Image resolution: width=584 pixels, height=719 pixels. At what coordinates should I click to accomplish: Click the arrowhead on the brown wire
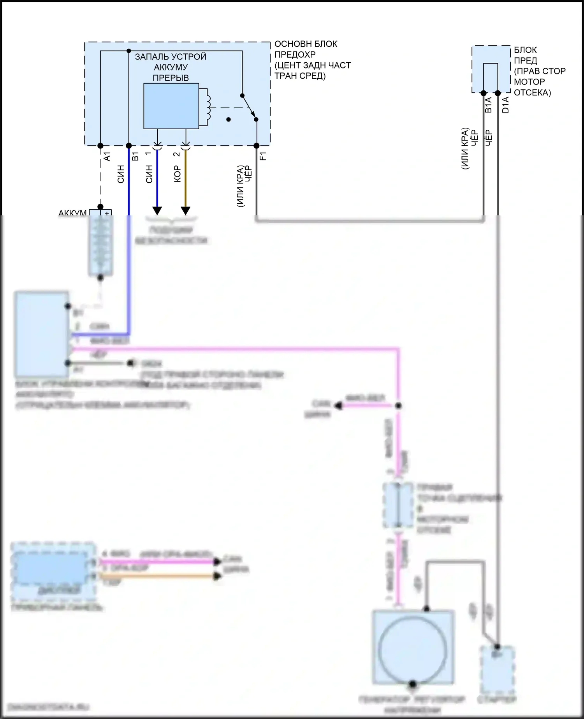186,211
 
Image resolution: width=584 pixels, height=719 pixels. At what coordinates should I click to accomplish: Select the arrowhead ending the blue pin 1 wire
157,211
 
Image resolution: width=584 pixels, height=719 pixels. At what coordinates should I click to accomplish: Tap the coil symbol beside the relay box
208,107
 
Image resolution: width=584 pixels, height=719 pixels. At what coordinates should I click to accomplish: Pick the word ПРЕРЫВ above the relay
171,78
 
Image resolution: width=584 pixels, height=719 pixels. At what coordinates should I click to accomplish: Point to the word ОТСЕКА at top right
532,93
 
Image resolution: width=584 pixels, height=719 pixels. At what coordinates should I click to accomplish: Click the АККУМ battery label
72,213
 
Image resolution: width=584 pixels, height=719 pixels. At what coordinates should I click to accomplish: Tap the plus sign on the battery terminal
107,213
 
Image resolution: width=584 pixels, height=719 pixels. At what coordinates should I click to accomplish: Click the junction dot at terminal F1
257,146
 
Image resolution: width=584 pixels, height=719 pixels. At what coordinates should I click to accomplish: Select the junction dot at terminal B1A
484,93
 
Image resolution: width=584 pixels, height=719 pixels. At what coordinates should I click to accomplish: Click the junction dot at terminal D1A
498,93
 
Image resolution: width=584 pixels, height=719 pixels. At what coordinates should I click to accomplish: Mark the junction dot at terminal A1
100,146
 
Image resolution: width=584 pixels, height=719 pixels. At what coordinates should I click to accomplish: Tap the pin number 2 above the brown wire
177,154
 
